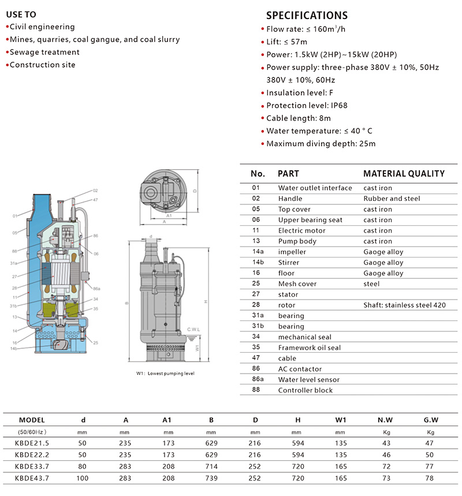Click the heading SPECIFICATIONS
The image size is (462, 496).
[307, 16]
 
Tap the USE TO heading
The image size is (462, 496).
[21, 14]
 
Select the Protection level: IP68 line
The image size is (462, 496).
[307, 105]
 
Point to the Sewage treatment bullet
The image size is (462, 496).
[44, 52]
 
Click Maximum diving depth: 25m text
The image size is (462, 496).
[321, 144]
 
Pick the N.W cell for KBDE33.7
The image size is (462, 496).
[386, 467]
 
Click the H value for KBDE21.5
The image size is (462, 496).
[298, 443]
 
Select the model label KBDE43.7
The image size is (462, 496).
[32, 478]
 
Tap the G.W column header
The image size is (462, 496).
[431, 420]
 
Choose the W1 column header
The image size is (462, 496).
[341, 420]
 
